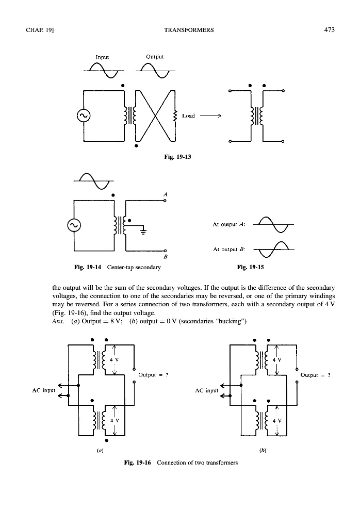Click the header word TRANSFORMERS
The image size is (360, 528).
pyautogui.click(x=188, y=30)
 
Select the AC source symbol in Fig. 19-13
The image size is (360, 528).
pyautogui.click(x=83, y=116)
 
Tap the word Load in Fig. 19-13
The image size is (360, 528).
pyautogui.click(x=188, y=116)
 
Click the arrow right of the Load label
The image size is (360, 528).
pyautogui.click(x=210, y=116)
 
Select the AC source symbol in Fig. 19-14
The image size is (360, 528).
pyautogui.click(x=74, y=225)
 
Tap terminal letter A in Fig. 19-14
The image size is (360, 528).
pyautogui.click(x=165, y=193)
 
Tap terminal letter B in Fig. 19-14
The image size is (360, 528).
pyautogui.click(x=165, y=256)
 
